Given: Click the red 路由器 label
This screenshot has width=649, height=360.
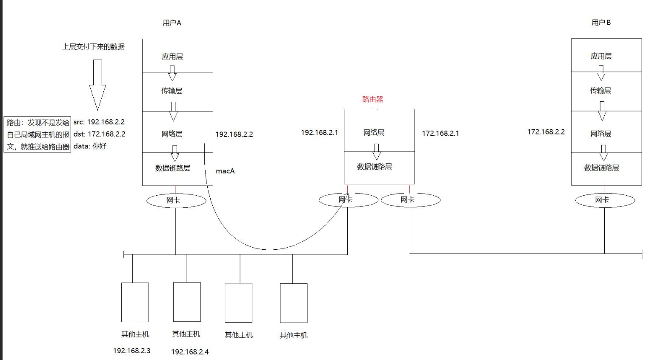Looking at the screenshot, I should [372, 99].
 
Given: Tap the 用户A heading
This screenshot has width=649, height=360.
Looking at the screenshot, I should [172, 23].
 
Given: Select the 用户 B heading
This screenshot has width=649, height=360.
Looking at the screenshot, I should [601, 23].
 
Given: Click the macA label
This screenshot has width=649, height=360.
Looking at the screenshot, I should [225, 171].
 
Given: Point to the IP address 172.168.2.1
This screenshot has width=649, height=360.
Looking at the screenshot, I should [440, 133].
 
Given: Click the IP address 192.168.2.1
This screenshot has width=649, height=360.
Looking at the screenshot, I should [319, 132].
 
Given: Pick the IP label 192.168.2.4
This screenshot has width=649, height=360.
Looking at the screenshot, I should [190, 352].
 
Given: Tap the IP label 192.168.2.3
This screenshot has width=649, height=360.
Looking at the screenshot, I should [132, 351].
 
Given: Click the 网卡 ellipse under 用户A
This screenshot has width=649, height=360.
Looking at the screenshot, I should [176, 200].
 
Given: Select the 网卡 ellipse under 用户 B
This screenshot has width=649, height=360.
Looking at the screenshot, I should [605, 200].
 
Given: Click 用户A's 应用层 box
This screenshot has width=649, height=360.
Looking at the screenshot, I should [177, 56].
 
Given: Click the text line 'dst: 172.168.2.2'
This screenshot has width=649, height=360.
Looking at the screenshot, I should [99, 134].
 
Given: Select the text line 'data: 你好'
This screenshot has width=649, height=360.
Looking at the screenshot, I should [90, 146].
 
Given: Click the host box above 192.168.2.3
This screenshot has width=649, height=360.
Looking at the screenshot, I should [135, 302].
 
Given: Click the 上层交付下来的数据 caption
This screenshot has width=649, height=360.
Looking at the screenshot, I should [94, 47].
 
